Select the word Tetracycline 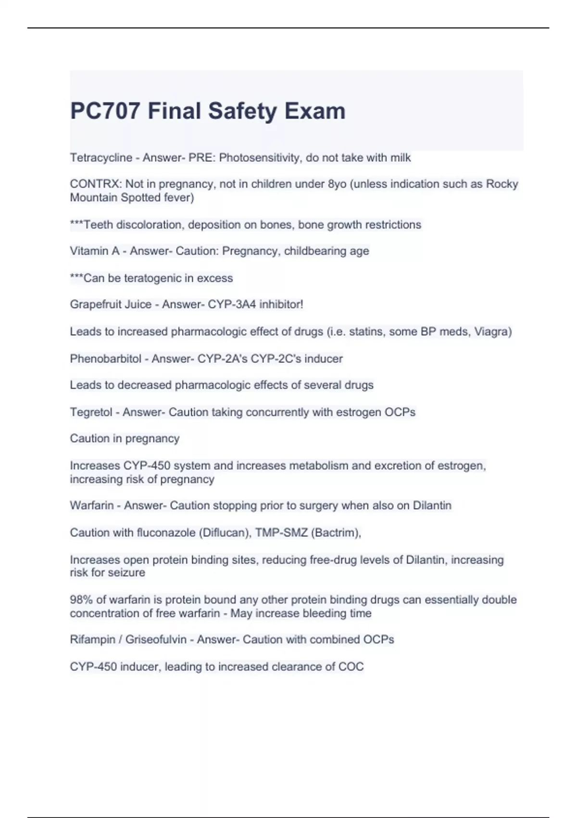point(101,158)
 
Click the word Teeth point(98,225)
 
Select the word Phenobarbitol point(105,359)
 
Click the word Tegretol point(91,412)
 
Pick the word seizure point(126,573)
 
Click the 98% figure point(81,600)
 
